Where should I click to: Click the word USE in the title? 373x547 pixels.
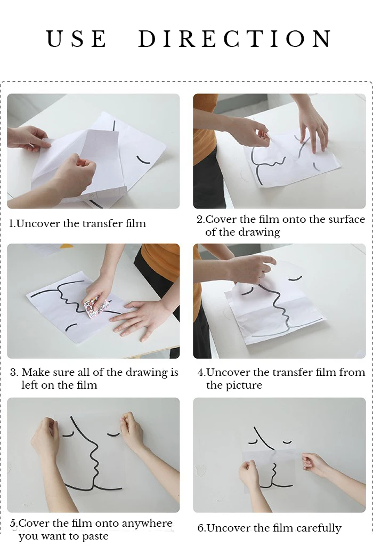pos(76,38)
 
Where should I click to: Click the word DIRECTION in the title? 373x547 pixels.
pos(235,38)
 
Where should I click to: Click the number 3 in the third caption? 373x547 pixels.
pos(14,373)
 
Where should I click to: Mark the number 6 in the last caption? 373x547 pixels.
pos(200,528)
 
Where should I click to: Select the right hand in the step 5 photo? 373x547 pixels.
pos(132,430)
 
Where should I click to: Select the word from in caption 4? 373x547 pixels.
pos(352,372)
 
